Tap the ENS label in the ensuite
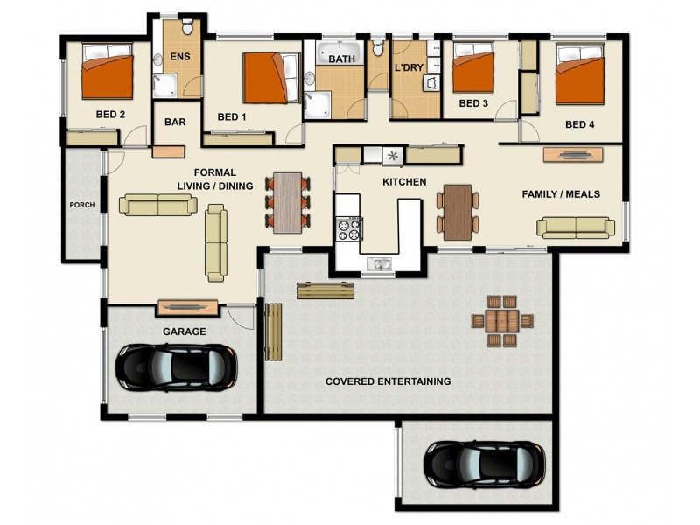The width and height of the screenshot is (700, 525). [x=179, y=57]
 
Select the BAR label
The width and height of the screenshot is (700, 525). [x=175, y=122]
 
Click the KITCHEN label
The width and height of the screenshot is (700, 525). [x=404, y=182]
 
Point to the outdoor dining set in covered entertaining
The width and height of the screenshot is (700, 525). [x=501, y=320]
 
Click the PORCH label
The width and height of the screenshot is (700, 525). [x=81, y=206]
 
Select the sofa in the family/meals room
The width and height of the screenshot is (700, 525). [x=575, y=227]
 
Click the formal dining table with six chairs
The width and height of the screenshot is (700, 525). [x=288, y=202]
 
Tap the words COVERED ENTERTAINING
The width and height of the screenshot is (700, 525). [x=388, y=381]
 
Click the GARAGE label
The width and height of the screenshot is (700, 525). [x=184, y=332]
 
